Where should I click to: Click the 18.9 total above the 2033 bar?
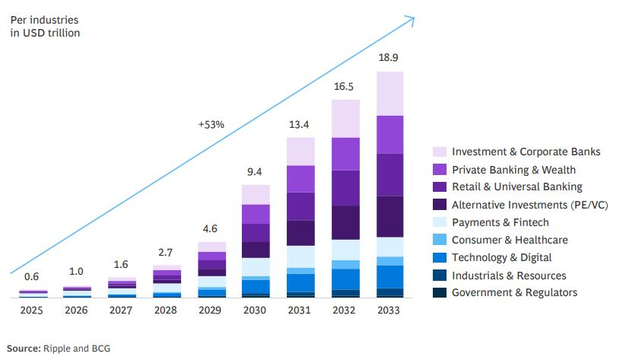click(x=389, y=58)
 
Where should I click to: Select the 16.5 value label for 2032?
click(x=345, y=87)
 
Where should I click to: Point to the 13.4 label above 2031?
click(x=300, y=124)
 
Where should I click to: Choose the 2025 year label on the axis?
click(x=33, y=311)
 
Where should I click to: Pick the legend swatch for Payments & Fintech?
click(x=440, y=222)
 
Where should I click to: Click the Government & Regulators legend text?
click(x=514, y=292)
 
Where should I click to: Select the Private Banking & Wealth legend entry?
click(x=513, y=170)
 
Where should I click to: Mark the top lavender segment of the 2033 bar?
click(x=389, y=94)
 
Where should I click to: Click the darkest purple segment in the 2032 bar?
click(x=345, y=222)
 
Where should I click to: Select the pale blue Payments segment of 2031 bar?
click(x=300, y=256)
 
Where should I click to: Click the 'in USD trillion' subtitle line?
click(x=46, y=33)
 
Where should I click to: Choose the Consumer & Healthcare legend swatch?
click(x=440, y=240)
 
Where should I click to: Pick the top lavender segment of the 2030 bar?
click(x=256, y=194)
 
